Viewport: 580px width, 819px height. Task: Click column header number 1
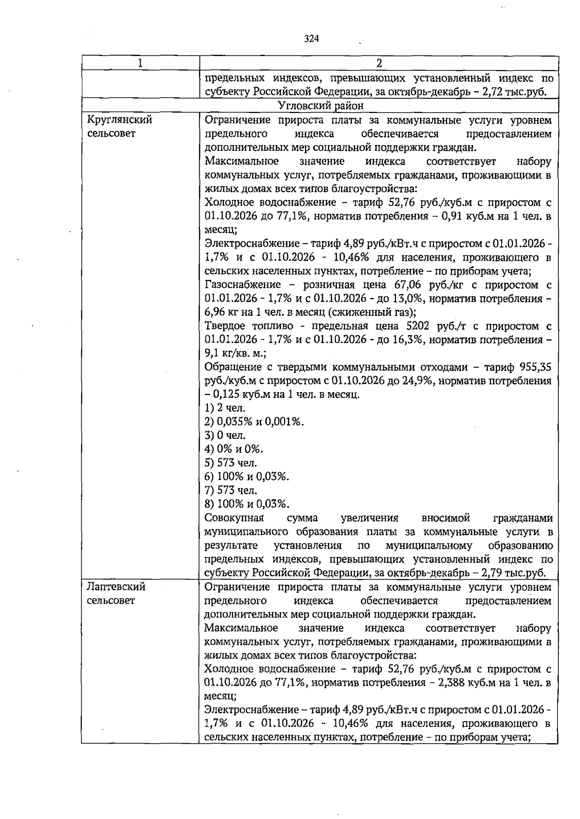pyautogui.click(x=140, y=63)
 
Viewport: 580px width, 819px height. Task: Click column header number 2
pyautogui.click(x=379, y=63)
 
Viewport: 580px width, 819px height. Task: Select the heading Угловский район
pyautogui.click(x=321, y=105)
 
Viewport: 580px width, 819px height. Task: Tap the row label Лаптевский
pyautogui.click(x=116, y=587)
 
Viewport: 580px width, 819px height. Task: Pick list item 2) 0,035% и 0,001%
pyautogui.click(x=254, y=422)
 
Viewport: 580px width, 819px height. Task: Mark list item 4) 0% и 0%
pyautogui.click(x=234, y=449)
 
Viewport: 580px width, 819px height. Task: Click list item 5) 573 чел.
pyautogui.click(x=231, y=463)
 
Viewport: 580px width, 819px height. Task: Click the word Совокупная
pyautogui.click(x=234, y=518)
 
